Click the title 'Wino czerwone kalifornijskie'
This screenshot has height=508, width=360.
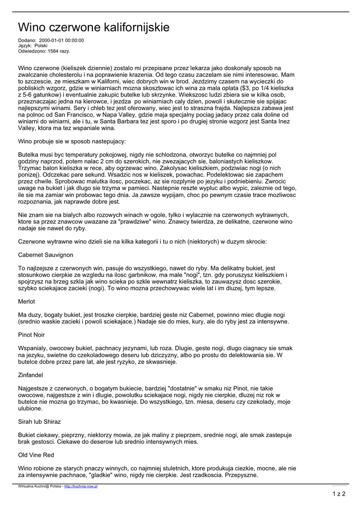pos(94,27)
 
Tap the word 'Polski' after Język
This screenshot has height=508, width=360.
pos(41,46)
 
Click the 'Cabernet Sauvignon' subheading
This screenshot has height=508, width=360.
pos(46,255)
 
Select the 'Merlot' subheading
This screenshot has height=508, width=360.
pos(27,302)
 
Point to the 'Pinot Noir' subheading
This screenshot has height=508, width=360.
pos(32,335)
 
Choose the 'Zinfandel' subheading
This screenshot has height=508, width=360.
pos(31,375)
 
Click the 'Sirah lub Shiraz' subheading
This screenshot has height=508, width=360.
pos(39,422)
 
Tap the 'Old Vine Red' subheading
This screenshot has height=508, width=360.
pos(36,455)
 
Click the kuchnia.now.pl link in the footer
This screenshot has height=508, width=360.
pos(81,487)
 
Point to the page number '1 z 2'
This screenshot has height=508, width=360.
pos(339,494)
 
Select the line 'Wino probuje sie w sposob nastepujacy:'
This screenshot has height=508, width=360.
pos(72,141)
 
